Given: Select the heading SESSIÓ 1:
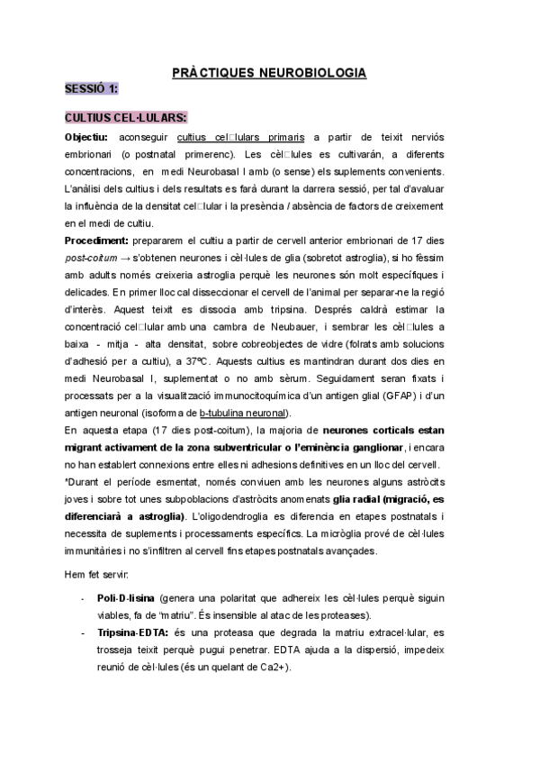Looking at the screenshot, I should (91, 89).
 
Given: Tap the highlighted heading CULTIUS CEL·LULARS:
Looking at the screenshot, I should (126, 118).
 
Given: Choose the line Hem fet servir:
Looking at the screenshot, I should (96, 573).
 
